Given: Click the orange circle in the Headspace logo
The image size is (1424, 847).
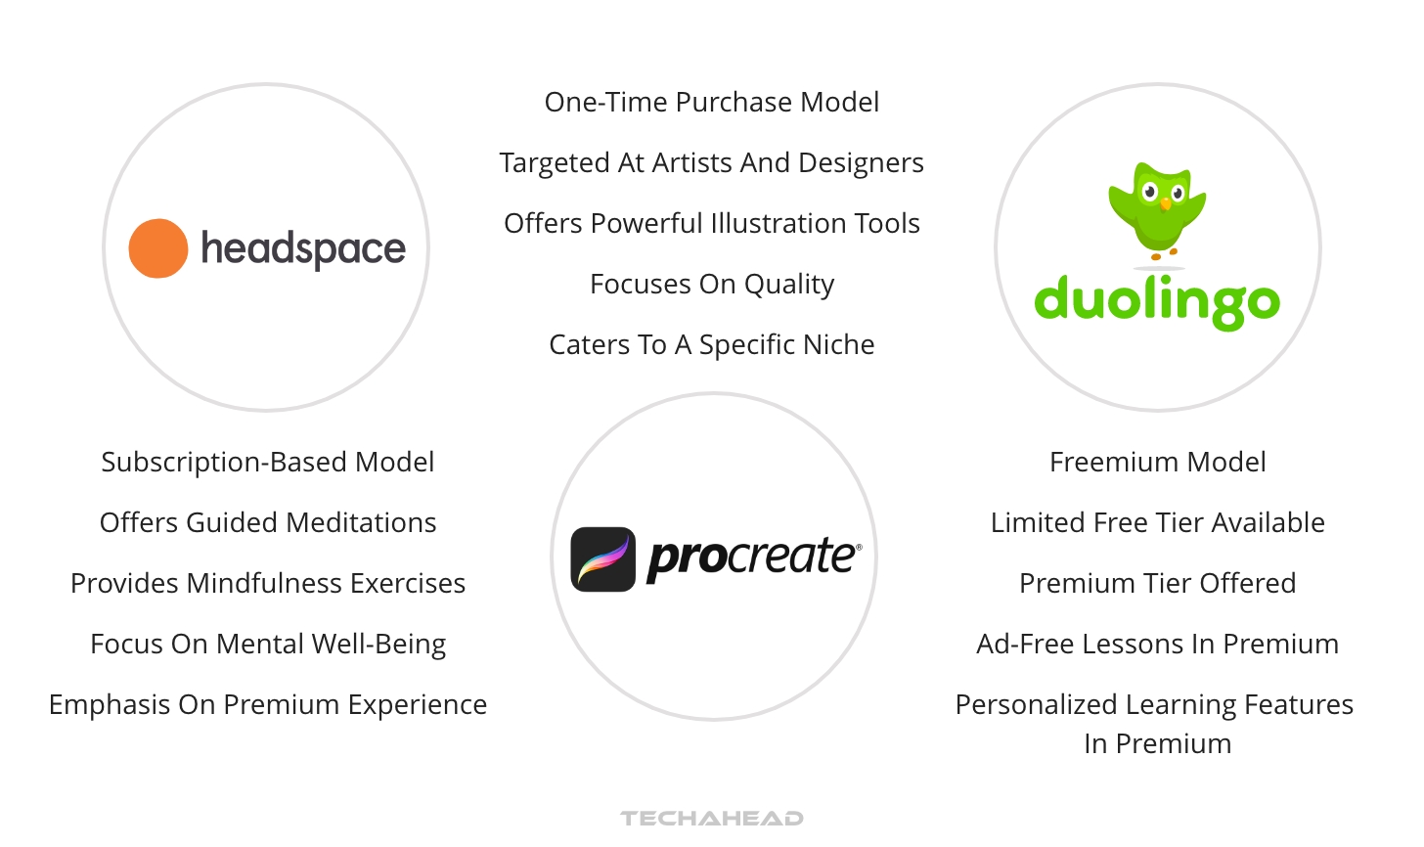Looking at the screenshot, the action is (158, 248).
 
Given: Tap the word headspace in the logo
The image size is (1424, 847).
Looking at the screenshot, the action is (303, 249).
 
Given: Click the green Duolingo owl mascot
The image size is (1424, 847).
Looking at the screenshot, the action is (1158, 210).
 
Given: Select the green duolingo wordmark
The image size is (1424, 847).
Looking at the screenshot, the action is (1157, 302).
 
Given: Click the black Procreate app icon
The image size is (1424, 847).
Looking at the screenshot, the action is (603, 559).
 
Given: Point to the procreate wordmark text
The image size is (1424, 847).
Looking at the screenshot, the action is (754, 558).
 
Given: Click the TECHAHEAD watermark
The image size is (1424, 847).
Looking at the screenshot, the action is (712, 819).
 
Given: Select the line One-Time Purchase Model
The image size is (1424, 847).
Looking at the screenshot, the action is (712, 103).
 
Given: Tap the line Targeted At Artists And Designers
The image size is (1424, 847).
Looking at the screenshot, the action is (711, 163).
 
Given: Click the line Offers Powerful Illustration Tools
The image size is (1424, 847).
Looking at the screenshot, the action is (712, 224).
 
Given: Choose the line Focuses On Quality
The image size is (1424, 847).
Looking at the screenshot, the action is (712, 285).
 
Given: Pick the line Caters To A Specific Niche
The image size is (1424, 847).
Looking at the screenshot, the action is (712, 345).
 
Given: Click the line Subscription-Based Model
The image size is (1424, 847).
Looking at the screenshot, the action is (268, 463).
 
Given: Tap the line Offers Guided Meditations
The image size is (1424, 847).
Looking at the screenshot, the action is (268, 522).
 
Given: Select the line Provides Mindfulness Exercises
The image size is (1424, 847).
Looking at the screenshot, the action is (268, 584).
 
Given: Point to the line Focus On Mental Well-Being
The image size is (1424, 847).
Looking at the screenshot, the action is (268, 645).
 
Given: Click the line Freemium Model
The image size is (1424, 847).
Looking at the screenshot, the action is (1158, 463).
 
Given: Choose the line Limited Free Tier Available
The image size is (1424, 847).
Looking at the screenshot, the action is (1158, 522).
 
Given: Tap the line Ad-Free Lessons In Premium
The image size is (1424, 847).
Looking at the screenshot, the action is (1158, 645).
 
